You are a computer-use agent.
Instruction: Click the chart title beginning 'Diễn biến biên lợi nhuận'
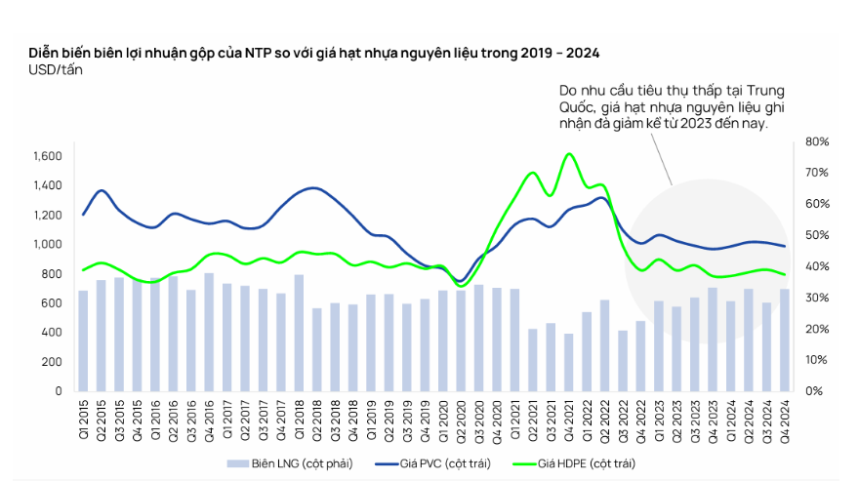(312, 51)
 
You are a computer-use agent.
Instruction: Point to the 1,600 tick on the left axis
(47, 156)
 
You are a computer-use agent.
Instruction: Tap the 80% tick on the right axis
(817, 142)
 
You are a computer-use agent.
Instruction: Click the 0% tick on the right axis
(814, 390)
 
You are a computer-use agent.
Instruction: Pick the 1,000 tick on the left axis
(47, 244)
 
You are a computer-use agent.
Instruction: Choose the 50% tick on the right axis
(817, 235)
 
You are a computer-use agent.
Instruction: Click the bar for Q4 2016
(209, 332)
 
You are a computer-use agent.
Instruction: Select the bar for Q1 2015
(83, 341)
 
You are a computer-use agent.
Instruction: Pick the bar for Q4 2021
(568, 362)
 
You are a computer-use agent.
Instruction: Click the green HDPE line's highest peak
(568, 154)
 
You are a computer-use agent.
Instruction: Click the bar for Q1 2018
(299, 333)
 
